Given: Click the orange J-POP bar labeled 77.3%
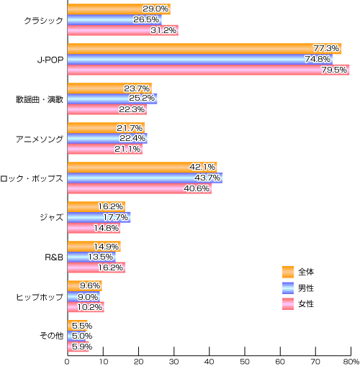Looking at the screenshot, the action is pos(204,49).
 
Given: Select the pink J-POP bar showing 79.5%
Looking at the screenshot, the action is pos(209,70).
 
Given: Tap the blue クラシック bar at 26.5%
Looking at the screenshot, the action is pos(114,19).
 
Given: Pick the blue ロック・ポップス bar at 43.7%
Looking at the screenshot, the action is pos(145,178).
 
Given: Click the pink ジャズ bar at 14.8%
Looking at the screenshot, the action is pos(94,228).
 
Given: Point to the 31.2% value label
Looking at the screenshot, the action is pos(163,30).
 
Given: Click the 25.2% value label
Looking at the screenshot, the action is pos(142,98).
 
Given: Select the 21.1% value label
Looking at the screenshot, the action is pos(127,149).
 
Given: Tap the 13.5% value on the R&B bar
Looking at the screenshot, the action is pos(101,257).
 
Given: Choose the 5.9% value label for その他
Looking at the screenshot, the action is pos(82,347).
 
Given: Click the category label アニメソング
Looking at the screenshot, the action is pos(40,139).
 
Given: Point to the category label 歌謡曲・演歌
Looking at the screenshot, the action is pos(40,99).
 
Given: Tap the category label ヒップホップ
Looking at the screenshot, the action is pos(40,297).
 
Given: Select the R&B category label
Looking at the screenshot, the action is pos(54,257).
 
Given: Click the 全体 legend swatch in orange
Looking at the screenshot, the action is pos(288,272).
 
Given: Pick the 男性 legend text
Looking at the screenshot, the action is pos(306,288).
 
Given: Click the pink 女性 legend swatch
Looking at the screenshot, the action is pos(288,304).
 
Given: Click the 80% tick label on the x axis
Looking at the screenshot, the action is pos(351,362).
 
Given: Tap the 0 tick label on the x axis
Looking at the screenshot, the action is pos(67,362).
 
